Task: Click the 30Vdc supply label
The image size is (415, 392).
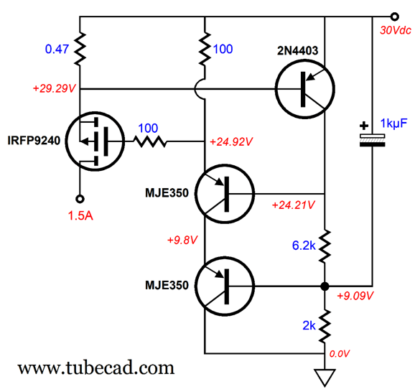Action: (x=396, y=30)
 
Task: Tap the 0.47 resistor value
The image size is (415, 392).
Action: (x=57, y=49)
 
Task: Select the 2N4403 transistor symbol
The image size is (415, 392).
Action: (x=305, y=89)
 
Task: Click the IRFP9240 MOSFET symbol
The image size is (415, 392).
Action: (x=95, y=141)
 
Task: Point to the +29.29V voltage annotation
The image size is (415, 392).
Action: (x=55, y=88)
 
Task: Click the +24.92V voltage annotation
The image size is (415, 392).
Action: (x=231, y=142)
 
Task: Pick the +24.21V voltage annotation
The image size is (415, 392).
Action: (x=293, y=205)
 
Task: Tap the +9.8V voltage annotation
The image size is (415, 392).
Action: (x=182, y=240)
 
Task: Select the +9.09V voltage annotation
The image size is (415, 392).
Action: (x=355, y=296)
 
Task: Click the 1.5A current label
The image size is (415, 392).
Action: (x=80, y=215)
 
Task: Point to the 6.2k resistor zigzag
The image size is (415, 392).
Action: (x=325, y=246)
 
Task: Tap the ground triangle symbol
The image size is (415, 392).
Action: (x=325, y=378)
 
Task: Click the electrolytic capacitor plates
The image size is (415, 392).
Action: (x=372, y=140)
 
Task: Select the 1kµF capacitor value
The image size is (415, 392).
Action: (x=393, y=123)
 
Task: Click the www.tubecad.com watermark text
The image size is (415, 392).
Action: (x=95, y=368)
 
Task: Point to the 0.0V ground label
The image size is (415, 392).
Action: (x=340, y=354)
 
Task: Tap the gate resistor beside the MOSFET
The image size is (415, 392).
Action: (x=150, y=141)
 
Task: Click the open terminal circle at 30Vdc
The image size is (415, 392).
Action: (x=394, y=17)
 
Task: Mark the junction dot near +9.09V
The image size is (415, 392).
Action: (x=325, y=286)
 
